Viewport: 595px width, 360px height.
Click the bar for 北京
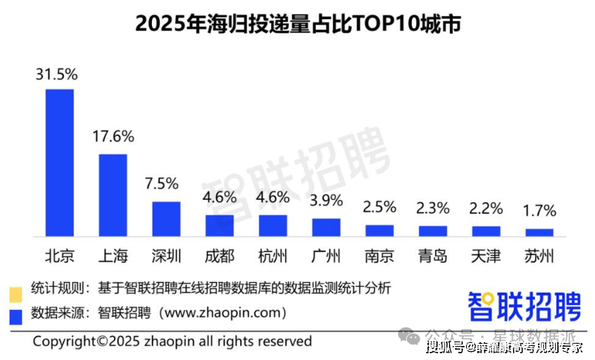60,162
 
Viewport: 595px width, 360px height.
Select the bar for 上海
113,195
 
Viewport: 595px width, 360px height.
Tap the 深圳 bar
167,219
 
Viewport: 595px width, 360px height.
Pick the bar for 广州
326,227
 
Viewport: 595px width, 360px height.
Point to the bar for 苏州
539,232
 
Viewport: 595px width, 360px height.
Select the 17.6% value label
113,137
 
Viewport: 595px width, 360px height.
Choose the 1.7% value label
539,211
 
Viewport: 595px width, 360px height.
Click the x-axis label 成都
220,257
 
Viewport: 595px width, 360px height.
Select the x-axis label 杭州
273,257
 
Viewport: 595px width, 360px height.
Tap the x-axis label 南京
379,257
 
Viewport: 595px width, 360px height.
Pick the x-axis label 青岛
433,257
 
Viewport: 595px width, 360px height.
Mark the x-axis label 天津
486,257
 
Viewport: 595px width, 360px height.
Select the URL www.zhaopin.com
222,313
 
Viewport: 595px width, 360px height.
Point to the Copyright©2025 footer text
172,341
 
